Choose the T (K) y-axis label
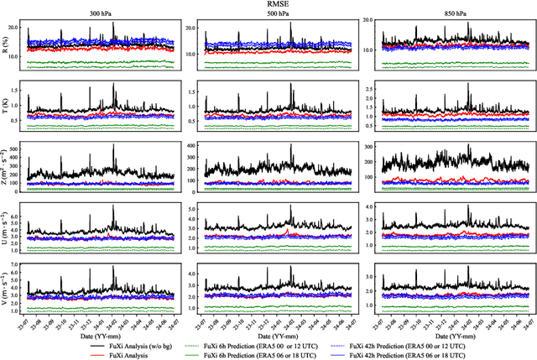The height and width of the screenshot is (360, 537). point(6,105)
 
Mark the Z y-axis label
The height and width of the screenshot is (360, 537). point(6,165)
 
